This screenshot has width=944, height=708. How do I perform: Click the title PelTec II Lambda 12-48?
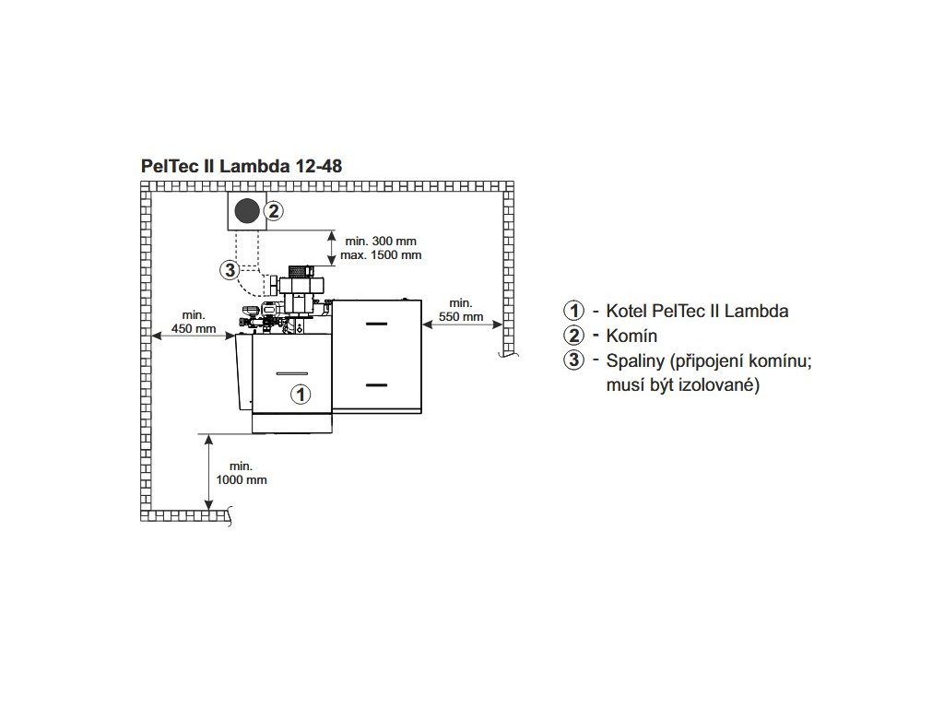[x=242, y=166]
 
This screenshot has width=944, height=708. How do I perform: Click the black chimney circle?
[x=246, y=211]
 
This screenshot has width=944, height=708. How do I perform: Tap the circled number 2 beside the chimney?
[x=274, y=211]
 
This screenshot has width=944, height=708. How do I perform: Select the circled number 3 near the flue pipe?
[x=230, y=270]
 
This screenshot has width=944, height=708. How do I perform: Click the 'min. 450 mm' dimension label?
[x=193, y=323]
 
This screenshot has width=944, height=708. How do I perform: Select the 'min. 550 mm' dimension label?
[x=461, y=310]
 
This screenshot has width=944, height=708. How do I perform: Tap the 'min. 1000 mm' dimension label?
[x=241, y=473]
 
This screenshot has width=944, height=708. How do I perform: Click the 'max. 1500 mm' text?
[x=382, y=254]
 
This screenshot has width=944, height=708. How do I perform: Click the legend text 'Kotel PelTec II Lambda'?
[x=697, y=311]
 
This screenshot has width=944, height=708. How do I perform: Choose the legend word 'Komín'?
[x=631, y=336]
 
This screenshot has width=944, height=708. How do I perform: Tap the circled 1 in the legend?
[x=575, y=311]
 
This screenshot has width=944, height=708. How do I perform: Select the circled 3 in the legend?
[x=575, y=360]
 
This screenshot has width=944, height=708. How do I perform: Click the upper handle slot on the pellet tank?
[x=377, y=324]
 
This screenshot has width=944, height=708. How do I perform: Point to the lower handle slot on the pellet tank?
[x=377, y=383]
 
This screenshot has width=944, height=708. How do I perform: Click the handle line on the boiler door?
[x=291, y=370]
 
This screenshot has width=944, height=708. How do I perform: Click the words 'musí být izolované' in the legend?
[x=682, y=384]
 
